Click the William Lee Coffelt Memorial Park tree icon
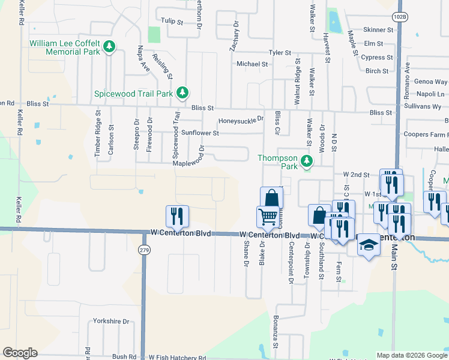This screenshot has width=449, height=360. click(109, 46)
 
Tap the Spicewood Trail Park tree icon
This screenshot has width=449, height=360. click(182, 93)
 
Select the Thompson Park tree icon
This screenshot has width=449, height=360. click(307, 160)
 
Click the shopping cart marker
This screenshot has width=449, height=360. click(268, 216)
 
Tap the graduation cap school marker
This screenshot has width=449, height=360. click(369, 245)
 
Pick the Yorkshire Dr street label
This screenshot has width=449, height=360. click(109, 321)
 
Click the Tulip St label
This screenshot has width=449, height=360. click(172, 21)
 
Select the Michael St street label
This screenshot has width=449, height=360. click(252, 64)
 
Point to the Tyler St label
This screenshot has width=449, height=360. click(280, 53)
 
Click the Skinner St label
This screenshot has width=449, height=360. click(378, 29)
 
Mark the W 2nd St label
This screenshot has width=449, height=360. click(356, 174)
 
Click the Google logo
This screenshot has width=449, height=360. click(20, 353)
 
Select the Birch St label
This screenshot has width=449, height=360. click(377, 71)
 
